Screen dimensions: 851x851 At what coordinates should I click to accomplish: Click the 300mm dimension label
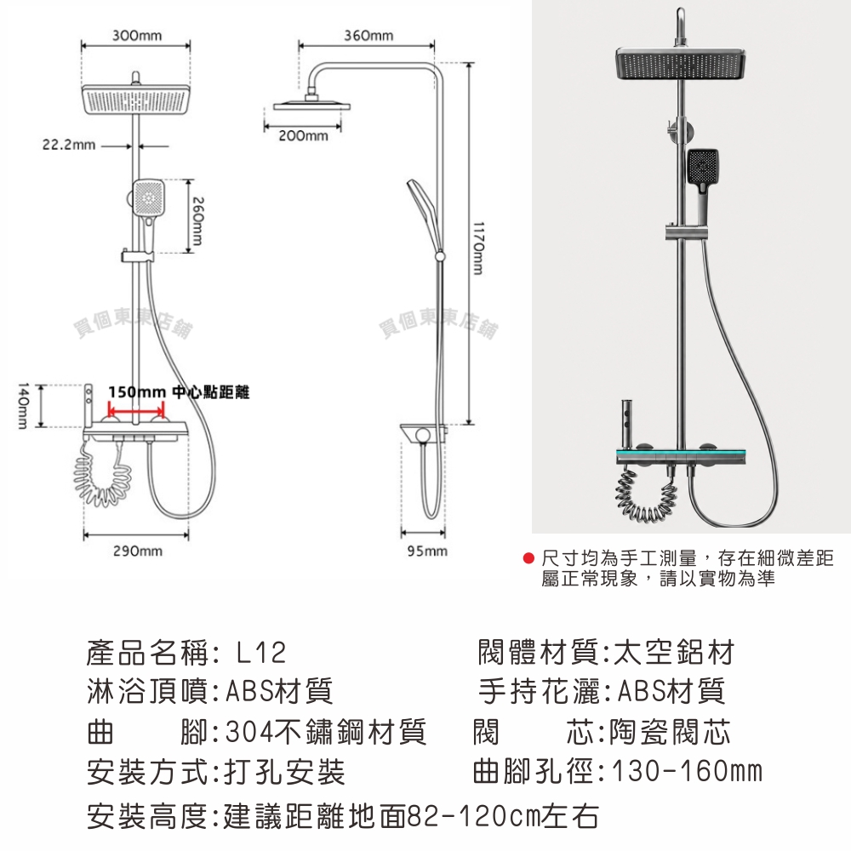pyautogui.click(x=137, y=36)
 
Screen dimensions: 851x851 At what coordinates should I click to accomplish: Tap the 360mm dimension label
pyautogui.click(x=368, y=36)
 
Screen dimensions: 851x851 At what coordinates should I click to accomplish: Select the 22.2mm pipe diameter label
pyautogui.click(x=69, y=145)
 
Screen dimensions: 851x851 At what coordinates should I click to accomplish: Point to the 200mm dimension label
pyautogui.click(x=304, y=135)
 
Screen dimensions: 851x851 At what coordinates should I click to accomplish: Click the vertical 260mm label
pyautogui.click(x=197, y=220)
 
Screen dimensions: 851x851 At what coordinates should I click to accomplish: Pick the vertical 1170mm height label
pyautogui.click(x=477, y=247)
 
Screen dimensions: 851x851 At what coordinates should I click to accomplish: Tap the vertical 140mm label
pyautogui.click(x=22, y=405)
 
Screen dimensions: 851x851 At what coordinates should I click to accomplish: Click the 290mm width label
pyautogui.click(x=138, y=551)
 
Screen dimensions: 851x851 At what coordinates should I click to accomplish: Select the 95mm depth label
pyautogui.click(x=427, y=551)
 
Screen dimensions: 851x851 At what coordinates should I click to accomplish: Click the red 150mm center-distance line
pyautogui.click(x=136, y=408)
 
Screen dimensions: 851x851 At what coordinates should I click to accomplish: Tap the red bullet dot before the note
pyautogui.click(x=528, y=558)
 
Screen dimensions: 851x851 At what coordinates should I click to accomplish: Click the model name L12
pyautogui.click(x=261, y=653)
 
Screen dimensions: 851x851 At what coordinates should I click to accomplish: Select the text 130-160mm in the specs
pyautogui.click(x=687, y=771)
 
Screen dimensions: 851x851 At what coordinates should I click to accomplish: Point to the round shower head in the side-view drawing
pyautogui.click(x=311, y=105)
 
